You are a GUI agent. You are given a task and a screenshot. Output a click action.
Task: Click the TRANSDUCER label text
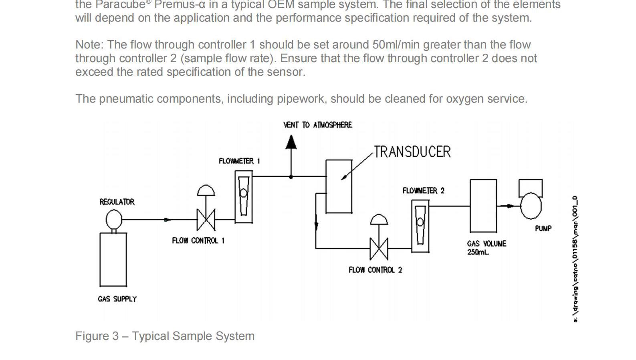[412, 152]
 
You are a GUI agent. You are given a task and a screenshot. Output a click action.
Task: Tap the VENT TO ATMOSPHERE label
[318, 125]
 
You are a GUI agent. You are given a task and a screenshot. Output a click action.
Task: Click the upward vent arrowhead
[291, 142]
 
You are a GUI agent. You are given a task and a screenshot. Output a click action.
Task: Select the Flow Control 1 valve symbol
[206, 219]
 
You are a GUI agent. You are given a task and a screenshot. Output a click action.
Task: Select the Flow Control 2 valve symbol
[379, 249]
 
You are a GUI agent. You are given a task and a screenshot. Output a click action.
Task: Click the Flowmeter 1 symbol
[244, 196]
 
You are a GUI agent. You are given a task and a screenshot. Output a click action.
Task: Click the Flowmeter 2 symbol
[420, 226]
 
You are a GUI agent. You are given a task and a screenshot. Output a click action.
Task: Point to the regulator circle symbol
[114, 219]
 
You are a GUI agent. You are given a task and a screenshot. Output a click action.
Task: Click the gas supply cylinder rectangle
[113, 259]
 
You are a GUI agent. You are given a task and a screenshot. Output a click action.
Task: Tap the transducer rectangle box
[339, 186]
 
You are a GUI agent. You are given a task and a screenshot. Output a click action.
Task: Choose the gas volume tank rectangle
[483, 206]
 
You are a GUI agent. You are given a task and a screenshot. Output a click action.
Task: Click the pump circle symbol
[531, 206]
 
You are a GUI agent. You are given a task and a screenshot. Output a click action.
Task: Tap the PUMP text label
[543, 229]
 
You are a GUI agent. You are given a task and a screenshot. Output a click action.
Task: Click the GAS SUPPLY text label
[117, 299]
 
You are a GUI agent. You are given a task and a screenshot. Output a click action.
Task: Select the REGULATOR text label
[117, 202]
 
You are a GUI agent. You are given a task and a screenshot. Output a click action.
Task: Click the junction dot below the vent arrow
[291, 176]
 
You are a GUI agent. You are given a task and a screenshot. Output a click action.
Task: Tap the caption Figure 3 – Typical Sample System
[165, 336]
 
